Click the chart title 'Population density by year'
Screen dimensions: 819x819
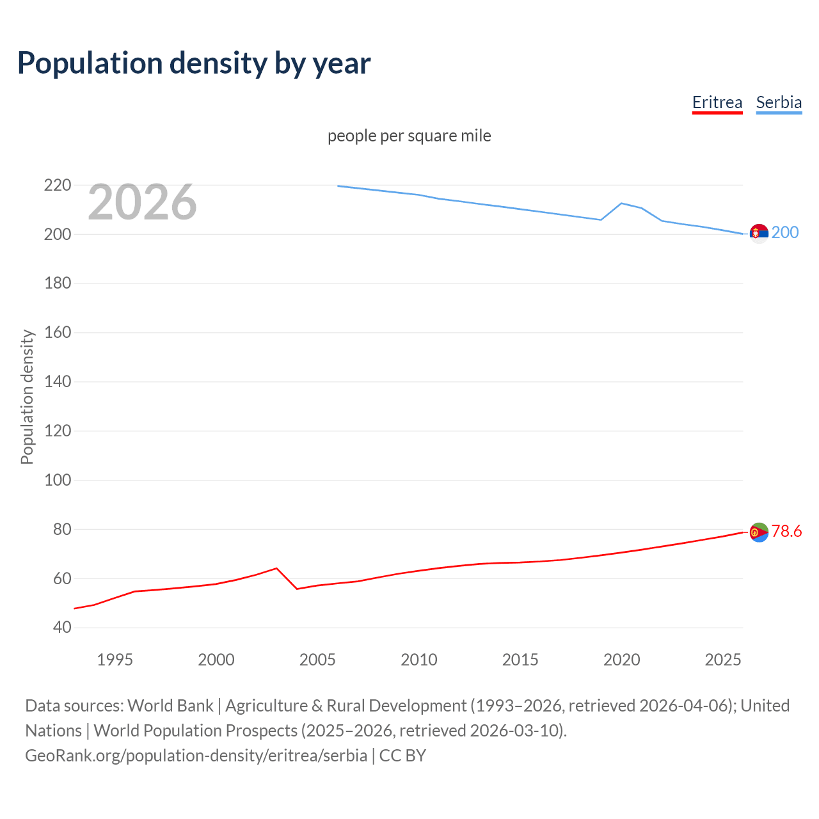(194, 63)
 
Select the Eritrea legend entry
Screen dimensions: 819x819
(717, 102)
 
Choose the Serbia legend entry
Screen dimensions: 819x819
(779, 102)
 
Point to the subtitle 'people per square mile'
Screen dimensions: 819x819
(409, 136)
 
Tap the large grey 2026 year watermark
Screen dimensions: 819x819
(142, 202)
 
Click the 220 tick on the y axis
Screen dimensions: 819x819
(58, 186)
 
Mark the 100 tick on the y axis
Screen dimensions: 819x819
(58, 480)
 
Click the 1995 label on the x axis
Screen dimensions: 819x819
(115, 660)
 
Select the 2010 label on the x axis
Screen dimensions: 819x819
(419, 660)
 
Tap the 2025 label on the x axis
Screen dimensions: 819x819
(723, 660)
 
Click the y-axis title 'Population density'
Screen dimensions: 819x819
(27, 397)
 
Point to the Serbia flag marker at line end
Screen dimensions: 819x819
(759, 234)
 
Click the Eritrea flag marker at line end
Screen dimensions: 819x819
(759, 532)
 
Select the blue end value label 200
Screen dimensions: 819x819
(785, 232)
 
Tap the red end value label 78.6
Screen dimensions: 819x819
(786, 531)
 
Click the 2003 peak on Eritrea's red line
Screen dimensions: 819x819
(276, 568)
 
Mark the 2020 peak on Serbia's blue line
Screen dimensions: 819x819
(622, 203)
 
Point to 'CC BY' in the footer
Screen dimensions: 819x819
(402, 756)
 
